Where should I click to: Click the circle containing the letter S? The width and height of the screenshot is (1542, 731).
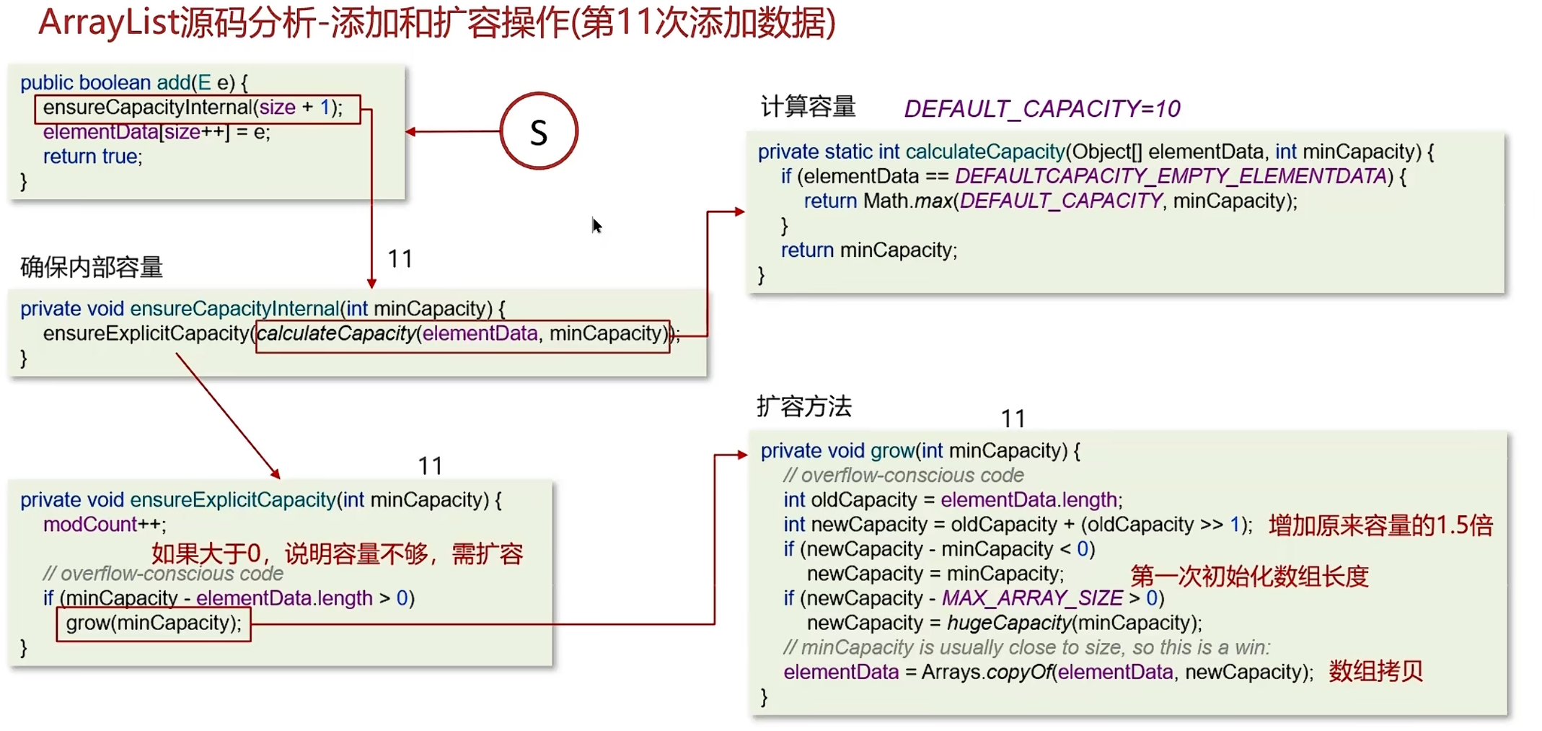coord(539,131)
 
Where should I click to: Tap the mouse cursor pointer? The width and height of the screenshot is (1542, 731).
coord(596,226)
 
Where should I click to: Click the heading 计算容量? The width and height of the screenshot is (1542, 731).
coord(808,107)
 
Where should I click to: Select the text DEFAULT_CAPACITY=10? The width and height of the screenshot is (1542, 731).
coord(1042,109)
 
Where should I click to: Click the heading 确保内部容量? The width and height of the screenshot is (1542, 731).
coord(92,267)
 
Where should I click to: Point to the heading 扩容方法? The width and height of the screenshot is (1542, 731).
coord(804,406)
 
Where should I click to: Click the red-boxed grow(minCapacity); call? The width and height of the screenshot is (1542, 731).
coord(154,623)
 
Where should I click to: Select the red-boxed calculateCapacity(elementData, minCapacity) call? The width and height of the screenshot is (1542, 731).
coord(462,334)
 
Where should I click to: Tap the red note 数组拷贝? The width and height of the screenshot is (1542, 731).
coord(1375,671)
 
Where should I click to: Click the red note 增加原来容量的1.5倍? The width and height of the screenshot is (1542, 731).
coord(1380,525)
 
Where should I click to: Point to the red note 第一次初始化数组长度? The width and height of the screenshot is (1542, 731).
coord(1249,575)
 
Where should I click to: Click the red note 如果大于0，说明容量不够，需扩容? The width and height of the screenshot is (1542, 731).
coord(337,553)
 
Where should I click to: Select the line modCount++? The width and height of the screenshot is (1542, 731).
coord(105,525)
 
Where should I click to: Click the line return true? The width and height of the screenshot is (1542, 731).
coord(92,157)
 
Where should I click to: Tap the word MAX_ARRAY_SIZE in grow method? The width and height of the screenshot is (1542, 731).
coord(1032,598)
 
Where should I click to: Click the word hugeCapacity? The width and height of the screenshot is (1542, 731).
coord(1008,623)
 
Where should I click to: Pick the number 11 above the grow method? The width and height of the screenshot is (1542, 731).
coord(1013,419)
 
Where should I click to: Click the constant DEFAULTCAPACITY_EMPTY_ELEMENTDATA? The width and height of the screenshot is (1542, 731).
coord(1171,176)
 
